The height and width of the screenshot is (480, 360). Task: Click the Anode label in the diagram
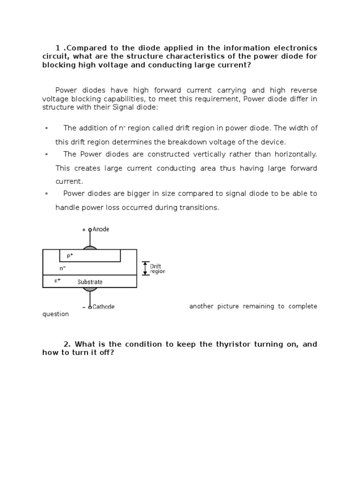click(x=101, y=229)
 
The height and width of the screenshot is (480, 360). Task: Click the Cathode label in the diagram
click(x=103, y=307)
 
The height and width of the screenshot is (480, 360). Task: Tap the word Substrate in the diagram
click(x=90, y=282)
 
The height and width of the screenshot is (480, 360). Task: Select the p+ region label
click(x=70, y=255)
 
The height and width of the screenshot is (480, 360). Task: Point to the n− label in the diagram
click(x=62, y=268)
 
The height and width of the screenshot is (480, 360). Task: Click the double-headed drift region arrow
click(x=145, y=269)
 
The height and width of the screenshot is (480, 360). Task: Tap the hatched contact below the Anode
click(x=90, y=247)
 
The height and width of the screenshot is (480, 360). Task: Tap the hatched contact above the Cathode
click(x=90, y=289)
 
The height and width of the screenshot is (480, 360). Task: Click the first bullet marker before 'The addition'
click(x=46, y=128)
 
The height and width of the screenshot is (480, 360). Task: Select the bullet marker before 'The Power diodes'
click(x=46, y=154)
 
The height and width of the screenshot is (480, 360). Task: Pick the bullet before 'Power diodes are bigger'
click(x=46, y=193)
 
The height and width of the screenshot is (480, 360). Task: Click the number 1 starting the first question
click(x=58, y=48)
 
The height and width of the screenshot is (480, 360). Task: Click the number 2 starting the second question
click(x=67, y=344)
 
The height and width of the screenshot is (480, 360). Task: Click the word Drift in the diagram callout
click(x=155, y=266)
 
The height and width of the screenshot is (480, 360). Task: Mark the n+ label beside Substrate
click(x=58, y=281)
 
